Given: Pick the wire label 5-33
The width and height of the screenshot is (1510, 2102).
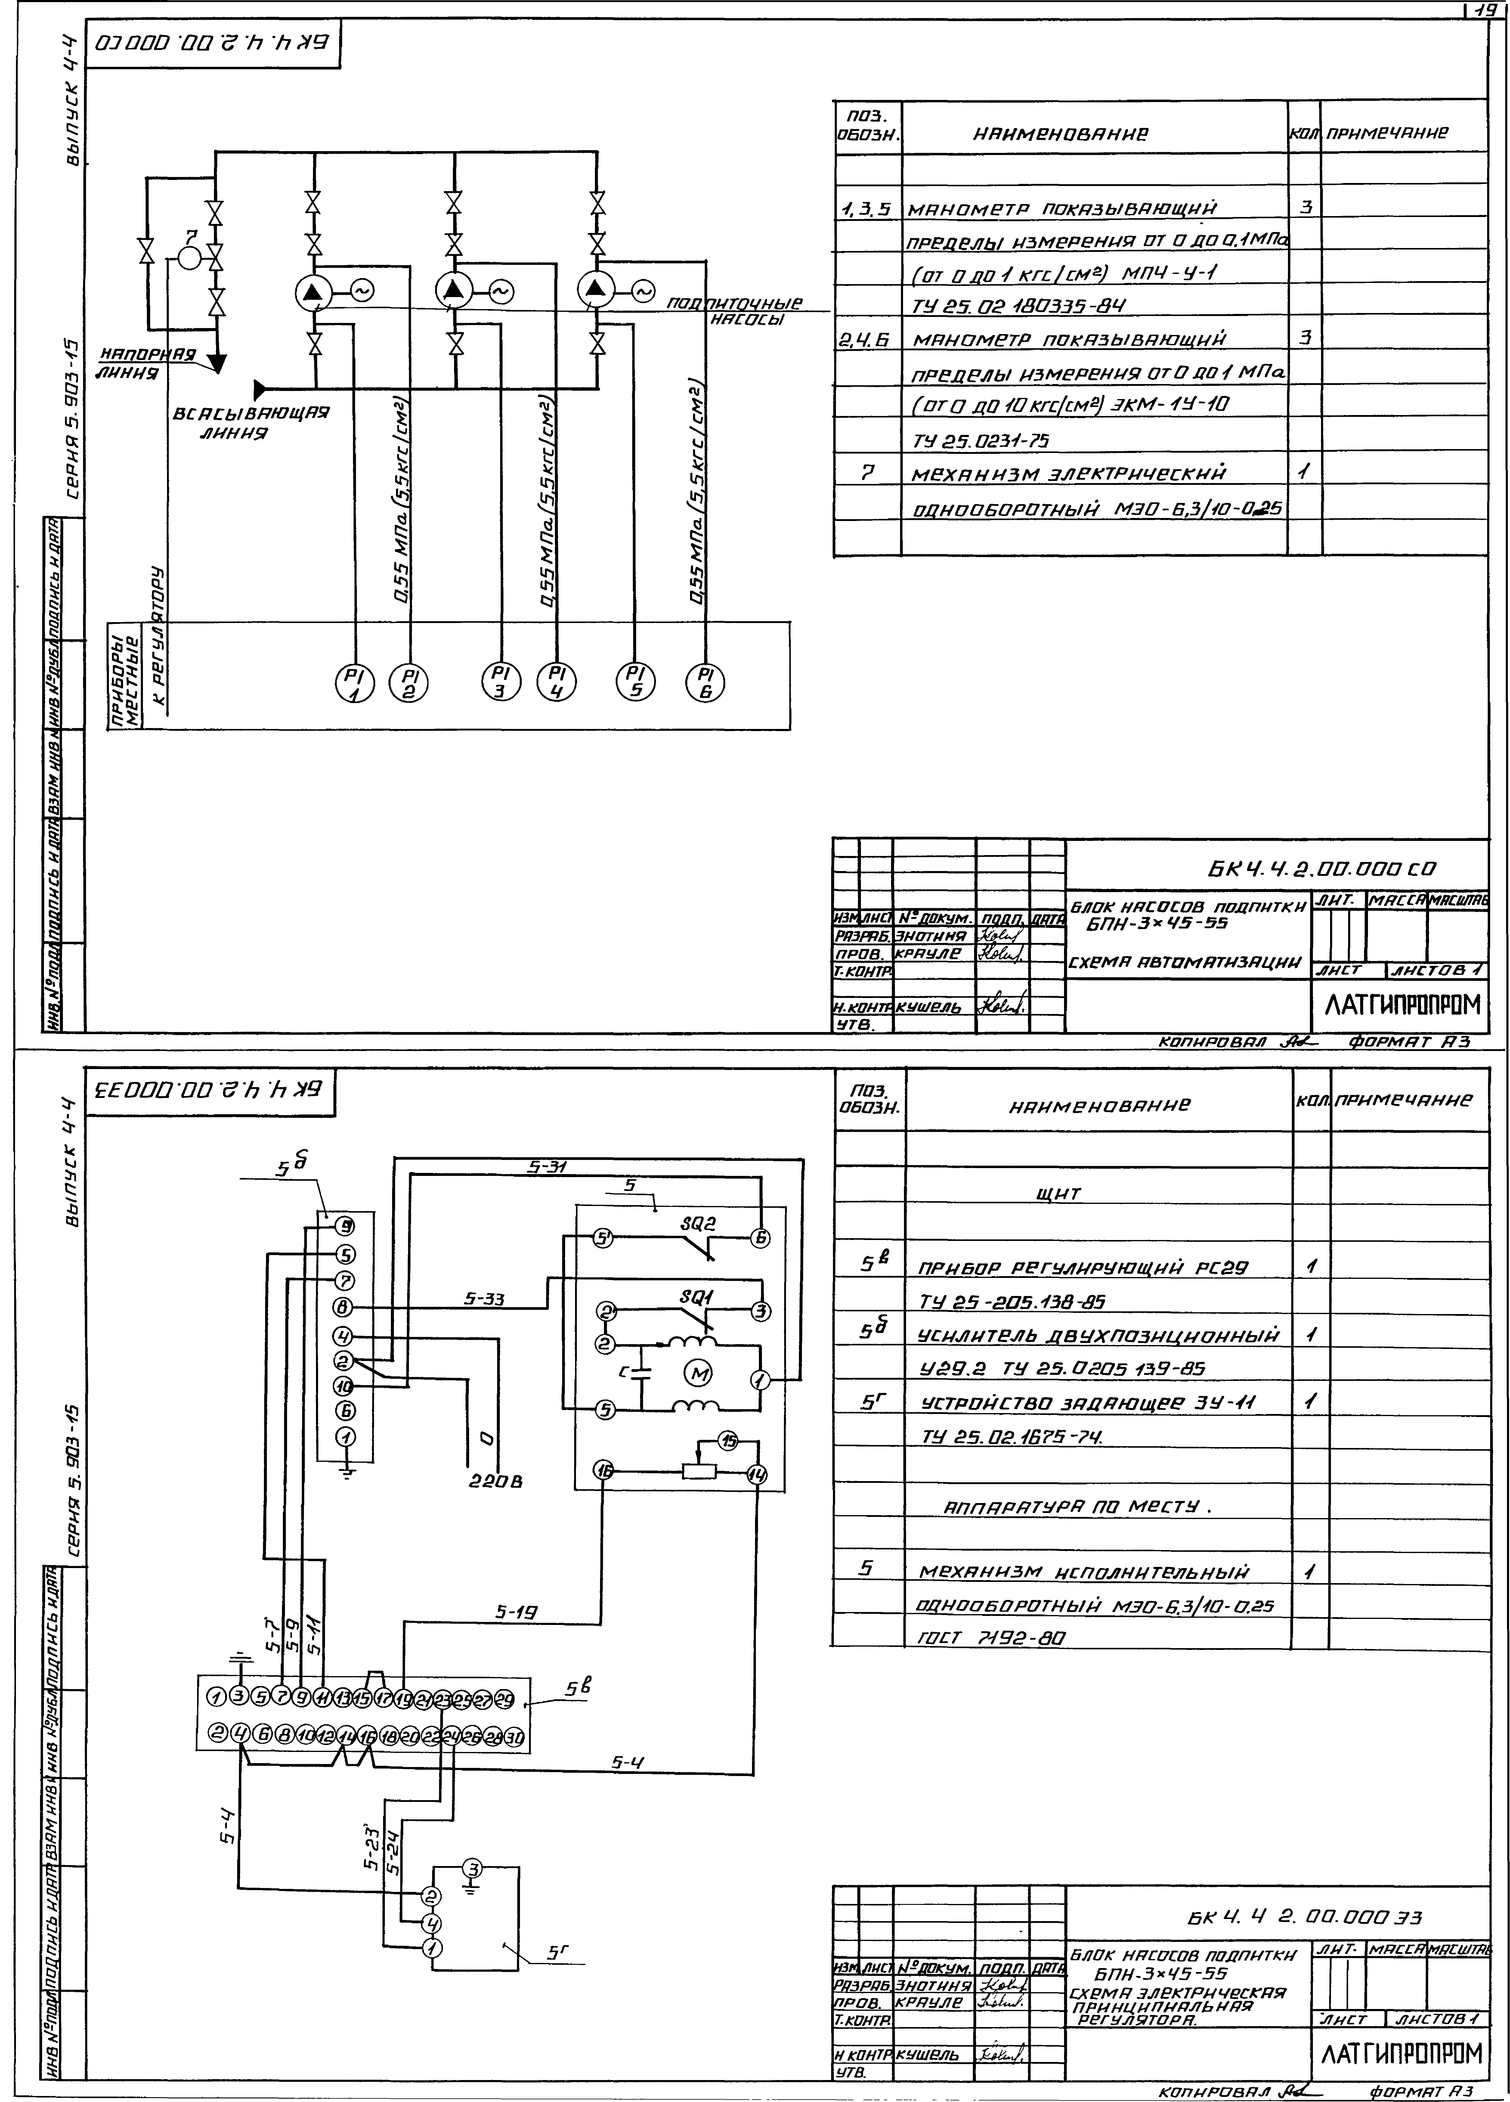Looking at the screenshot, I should [484, 1299].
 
